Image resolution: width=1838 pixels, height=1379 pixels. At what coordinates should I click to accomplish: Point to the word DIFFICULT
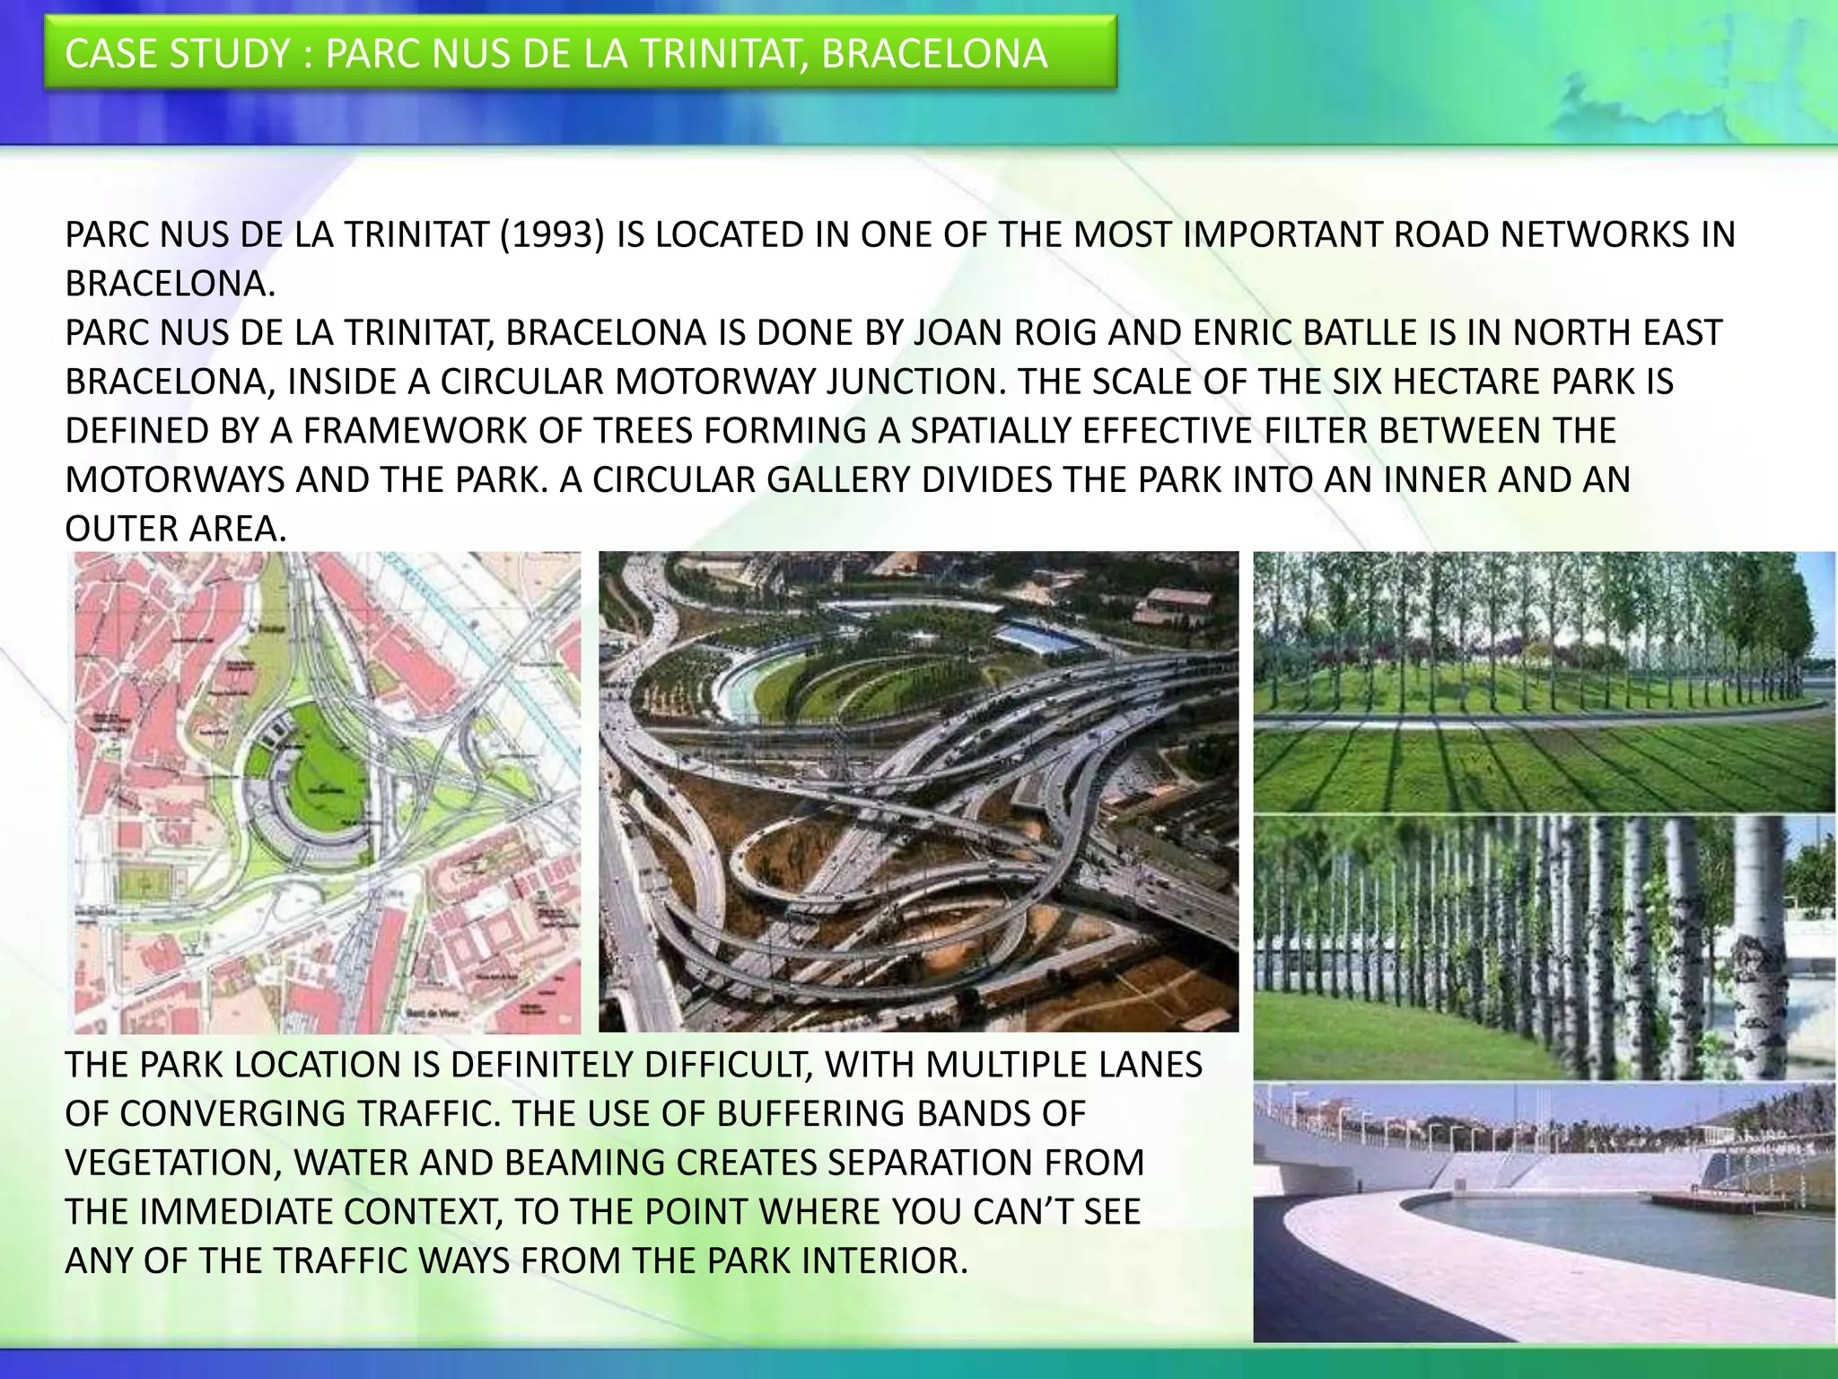(717, 1065)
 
